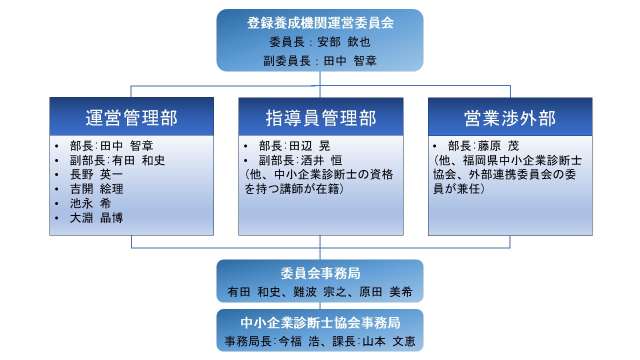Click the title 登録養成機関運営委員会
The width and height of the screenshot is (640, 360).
[320, 23]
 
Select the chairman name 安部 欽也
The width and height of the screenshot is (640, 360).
[344, 42]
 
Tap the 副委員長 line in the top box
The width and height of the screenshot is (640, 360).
[320, 61]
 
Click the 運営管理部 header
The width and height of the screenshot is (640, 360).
[131, 117]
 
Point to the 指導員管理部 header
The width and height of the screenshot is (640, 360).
[321, 118]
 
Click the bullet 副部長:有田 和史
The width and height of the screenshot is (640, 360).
[117, 160]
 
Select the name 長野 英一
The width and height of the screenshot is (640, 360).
[96, 174]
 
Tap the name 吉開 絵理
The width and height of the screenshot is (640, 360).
[96, 189]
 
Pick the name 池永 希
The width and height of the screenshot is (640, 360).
[90, 203]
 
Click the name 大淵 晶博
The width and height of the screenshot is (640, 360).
[96, 218]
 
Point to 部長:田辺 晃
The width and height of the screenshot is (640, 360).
[294, 146]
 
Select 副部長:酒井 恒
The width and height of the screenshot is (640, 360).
[300, 160]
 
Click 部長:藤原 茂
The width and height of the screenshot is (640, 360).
[483, 146]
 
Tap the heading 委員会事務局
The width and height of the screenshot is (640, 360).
[320, 273]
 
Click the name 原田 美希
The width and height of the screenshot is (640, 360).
[385, 292]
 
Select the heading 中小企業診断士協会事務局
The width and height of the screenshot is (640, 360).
[320, 323]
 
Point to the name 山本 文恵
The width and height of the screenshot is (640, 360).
[389, 341]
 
